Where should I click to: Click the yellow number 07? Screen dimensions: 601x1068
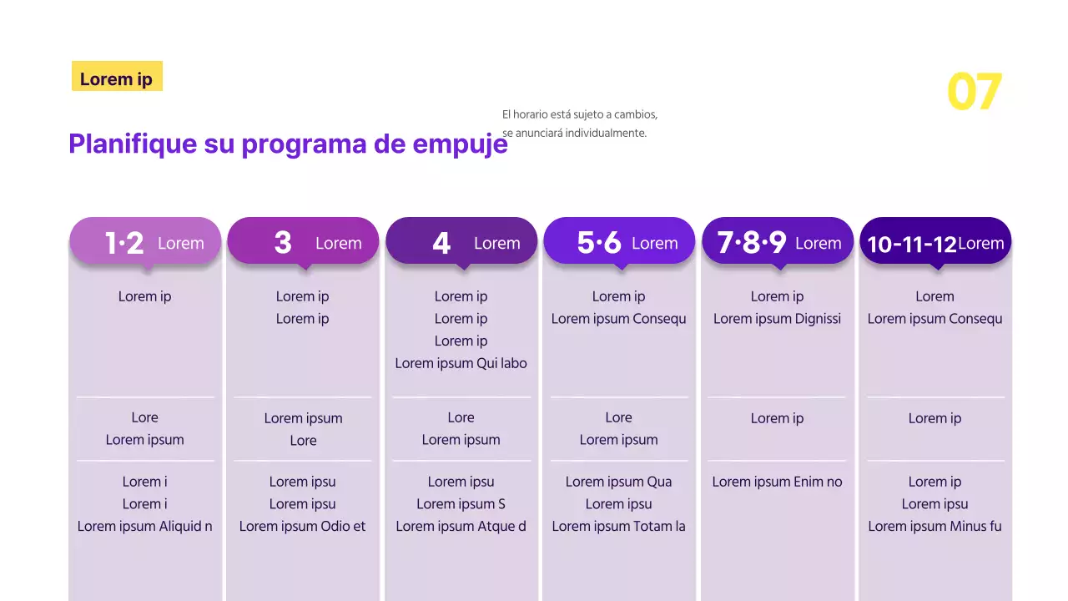point(974,92)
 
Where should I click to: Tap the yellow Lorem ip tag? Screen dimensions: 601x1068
point(117,78)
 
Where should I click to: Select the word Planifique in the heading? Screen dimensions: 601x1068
point(132,144)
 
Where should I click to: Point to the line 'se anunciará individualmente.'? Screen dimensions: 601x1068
point(574,133)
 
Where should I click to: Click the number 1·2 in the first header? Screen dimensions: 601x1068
point(124,243)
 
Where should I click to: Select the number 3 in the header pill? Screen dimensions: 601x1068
point(283,243)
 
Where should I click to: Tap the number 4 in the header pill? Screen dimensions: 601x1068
point(441,243)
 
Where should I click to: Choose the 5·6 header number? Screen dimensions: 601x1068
point(599,243)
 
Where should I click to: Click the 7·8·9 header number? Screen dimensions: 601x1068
point(751,243)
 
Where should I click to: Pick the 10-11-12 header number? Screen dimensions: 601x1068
point(911,244)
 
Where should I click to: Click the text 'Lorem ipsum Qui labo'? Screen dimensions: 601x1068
point(461,363)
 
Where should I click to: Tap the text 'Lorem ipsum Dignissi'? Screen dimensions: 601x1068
point(777,319)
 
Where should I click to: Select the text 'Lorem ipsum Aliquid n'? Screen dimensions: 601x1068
point(144,527)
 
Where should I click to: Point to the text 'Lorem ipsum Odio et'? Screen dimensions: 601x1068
point(302,527)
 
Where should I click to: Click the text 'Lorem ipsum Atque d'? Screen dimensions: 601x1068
point(461,527)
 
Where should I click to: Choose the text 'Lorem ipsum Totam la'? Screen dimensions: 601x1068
point(618,527)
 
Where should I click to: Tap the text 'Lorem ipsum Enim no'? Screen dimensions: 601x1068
point(777,482)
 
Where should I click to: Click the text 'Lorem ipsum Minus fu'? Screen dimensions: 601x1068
point(934,527)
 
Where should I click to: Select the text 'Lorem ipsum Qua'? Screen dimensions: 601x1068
point(618,482)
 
